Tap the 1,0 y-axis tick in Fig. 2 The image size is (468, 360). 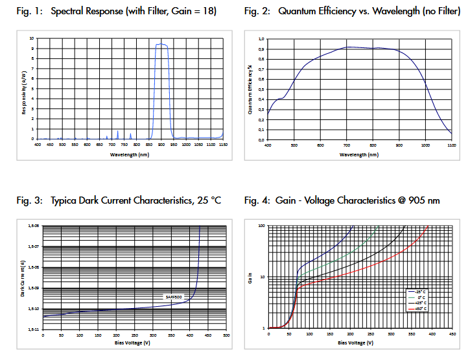click(x=261, y=40)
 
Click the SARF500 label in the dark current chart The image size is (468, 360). click(x=174, y=296)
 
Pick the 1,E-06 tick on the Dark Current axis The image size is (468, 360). click(x=34, y=226)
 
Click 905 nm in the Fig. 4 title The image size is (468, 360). click(x=425, y=200)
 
